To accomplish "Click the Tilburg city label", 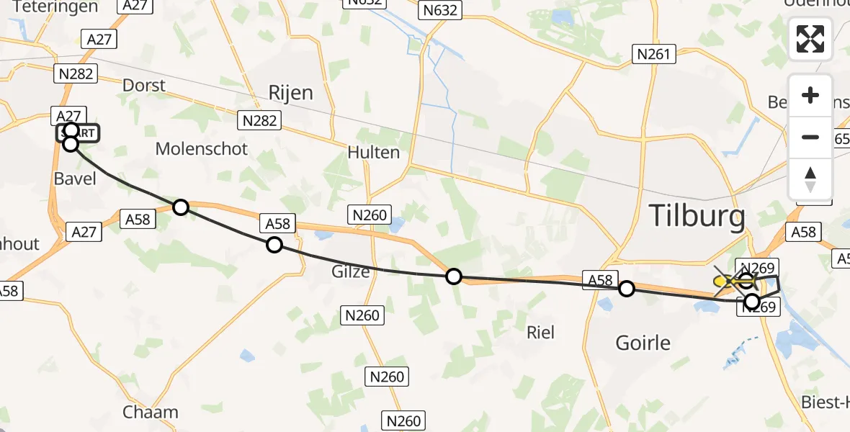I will tap(697, 215).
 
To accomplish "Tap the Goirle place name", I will tap(644, 342).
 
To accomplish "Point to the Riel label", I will tap(541, 332).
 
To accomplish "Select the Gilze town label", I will tap(351, 271).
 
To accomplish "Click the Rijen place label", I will tap(290, 93).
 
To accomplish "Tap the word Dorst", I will tap(144, 85).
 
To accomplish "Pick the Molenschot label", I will tap(202, 149).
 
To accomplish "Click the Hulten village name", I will tap(373, 152).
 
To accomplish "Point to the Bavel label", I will tap(75, 178).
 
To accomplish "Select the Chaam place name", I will tap(151, 413).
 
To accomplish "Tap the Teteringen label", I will tap(55, 7).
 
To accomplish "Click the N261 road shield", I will tap(653, 54).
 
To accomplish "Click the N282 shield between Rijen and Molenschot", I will tap(260, 120).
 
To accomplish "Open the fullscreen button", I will tap(810, 39).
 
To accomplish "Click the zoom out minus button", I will tap(810, 137).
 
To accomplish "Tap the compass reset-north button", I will tap(810, 179).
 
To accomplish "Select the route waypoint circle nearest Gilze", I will tap(274, 245).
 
